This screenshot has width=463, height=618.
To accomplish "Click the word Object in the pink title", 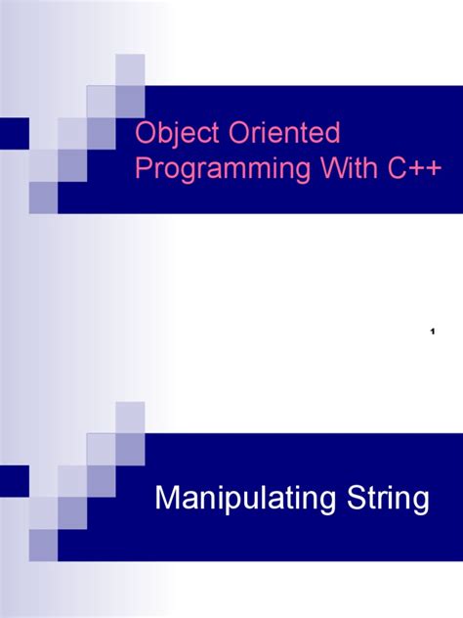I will pyautogui.click(x=168, y=133).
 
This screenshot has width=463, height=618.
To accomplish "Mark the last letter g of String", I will pyautogui.click(x=420, y=505).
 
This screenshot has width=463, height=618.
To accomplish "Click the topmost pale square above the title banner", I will pyautogui.click(x=130, y=70).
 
